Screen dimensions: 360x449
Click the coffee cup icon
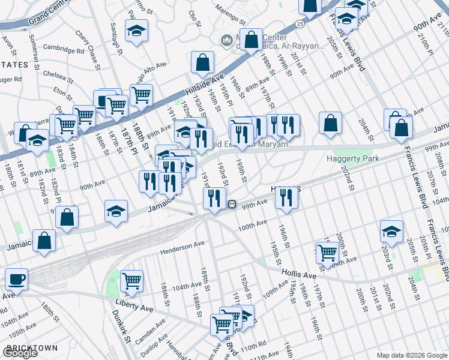[x=16, y=280]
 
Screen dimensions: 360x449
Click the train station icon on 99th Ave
[x=231, y=204]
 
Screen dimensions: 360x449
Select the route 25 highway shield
[x=300, y=23]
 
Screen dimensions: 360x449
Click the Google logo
[x=20, y=353]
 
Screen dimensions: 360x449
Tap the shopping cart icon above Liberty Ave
[x=131, y=281]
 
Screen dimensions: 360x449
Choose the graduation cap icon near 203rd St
[x=391, y=232]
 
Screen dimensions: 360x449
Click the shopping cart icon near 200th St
[x=327, y=253]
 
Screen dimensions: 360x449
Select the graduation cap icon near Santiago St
[x=136, y=31]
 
